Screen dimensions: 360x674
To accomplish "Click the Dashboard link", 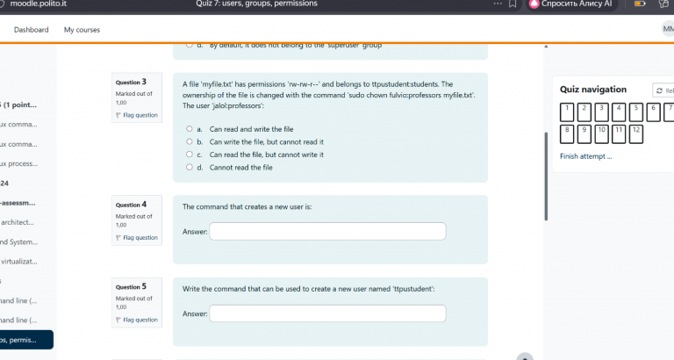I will (x=31, y=30).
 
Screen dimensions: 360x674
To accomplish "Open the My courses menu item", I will (x=82, y=30).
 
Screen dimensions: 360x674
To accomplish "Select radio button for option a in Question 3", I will (x=189, y=128).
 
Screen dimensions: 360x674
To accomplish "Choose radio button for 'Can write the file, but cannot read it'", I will (x=189, y=141).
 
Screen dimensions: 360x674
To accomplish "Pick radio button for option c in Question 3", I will (x=189, y=155).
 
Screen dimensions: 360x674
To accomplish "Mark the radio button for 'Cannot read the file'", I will (x=189, y=167).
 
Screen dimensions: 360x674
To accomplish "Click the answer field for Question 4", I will (x=327, y=232).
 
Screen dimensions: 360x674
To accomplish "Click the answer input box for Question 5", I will (x=327, y=313).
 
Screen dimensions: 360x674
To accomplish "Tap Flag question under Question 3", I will (x=138, y=115).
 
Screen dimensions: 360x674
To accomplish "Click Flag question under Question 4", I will (x=138, y=237).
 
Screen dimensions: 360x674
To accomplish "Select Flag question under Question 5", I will (x=138, y=320).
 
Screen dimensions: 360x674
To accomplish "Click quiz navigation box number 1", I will (x=568, y=112).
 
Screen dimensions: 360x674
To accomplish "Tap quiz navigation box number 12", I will (x=636, y=134).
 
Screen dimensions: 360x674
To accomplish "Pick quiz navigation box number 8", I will (x=568, y=134).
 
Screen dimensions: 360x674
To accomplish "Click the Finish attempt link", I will (x=585, y=157).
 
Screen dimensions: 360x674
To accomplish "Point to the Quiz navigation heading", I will (x=593, y=89).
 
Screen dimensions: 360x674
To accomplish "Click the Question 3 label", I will (x=131, y=83).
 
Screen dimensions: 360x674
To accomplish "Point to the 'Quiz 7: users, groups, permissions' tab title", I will (x=244, y=4).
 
